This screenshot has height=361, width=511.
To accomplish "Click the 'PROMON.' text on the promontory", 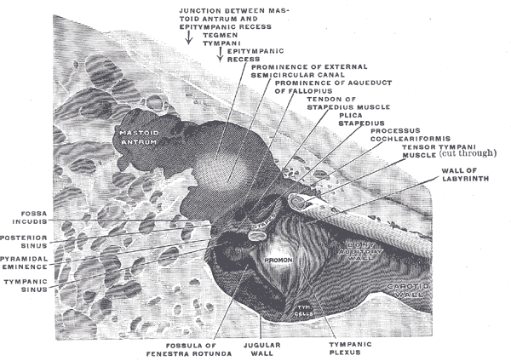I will [x=279, y=260].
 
